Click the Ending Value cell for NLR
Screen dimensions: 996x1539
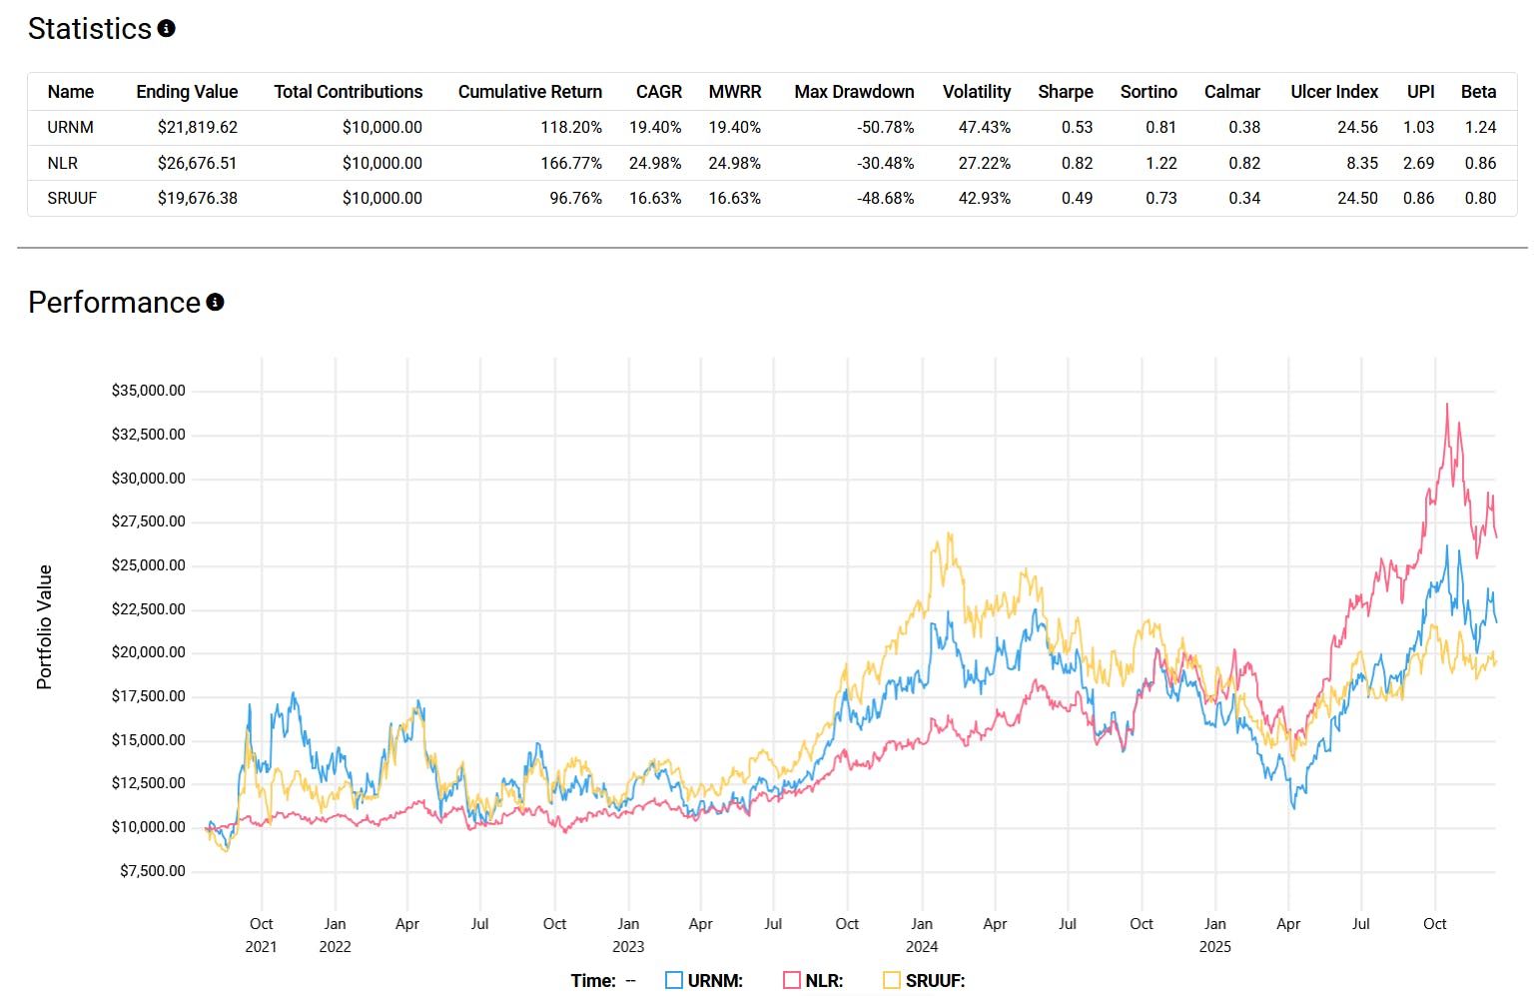[x=197, y=163]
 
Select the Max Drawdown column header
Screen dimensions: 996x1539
[x=854, y=92]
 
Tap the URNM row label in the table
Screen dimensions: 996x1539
[x=70, y=127]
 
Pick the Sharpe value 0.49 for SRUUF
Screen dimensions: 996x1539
[x=1077, y=198]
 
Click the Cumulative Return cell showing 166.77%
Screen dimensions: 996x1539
[x=571, y=163]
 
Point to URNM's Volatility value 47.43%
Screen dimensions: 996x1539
[x=984, y=127]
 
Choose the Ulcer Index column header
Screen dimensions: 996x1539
[x=1333, y=92]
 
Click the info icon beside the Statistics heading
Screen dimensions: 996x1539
[x=167, y=29]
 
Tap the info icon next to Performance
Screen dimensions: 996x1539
[x=215, y=302]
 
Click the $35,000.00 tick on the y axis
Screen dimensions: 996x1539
[x=148, y=391]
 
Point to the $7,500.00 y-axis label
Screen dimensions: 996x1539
[x=152, y=871]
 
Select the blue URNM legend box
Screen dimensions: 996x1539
[x=674, y=980]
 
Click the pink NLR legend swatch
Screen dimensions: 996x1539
[x=792, y=980]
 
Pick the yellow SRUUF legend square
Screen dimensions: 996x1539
[x=892, y=980]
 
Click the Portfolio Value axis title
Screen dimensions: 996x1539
[x=44, y=626]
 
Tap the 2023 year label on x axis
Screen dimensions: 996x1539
[x=628, y=946]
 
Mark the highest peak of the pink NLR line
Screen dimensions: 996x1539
[x=1447, y=405]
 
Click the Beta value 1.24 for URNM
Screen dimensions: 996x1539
[x=1480, y=127]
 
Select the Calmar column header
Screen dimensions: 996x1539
[x=1231, y=92]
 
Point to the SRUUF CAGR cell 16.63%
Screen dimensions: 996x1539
[x=655, y=198]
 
